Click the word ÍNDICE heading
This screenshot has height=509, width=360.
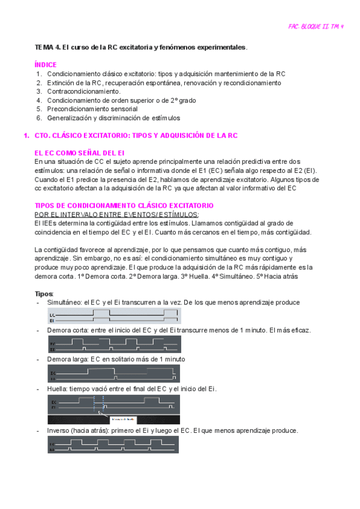(x=46, y=64)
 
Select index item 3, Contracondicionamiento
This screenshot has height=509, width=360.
(x=83, y=91)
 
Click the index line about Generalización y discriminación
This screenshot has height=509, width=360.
(x=113, y=118)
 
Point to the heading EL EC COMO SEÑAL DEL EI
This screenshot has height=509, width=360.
(x=79, y=153)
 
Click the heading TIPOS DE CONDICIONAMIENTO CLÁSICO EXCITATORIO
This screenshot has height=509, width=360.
(x=124, y=205)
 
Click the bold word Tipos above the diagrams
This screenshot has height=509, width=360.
(x=44, y=294)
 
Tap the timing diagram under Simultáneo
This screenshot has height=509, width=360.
(x=113, y=316)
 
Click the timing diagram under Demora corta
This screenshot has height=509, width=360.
(x=113, y=345)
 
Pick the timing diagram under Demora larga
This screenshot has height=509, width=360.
(x=113, y=375)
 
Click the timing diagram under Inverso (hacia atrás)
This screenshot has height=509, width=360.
(x=113, y=445)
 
